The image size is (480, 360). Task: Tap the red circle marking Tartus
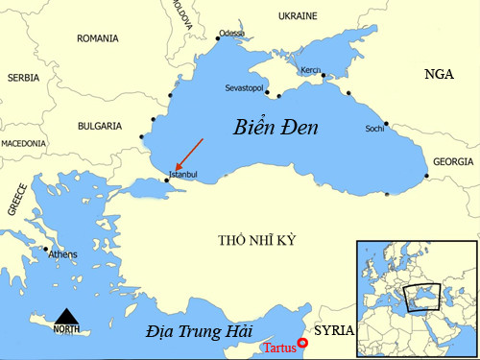[303, 343]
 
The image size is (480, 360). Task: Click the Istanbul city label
[182, 175]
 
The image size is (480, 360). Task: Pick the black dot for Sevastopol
[268, 94]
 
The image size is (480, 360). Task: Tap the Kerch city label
[310, 70]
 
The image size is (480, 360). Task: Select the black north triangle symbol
[66, 316]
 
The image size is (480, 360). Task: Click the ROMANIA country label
[98, 39]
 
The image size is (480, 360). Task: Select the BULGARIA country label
[99, 126]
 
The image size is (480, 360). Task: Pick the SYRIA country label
[335, 330]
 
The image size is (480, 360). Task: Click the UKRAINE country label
[298, 17]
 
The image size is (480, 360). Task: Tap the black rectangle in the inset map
[423, 297]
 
